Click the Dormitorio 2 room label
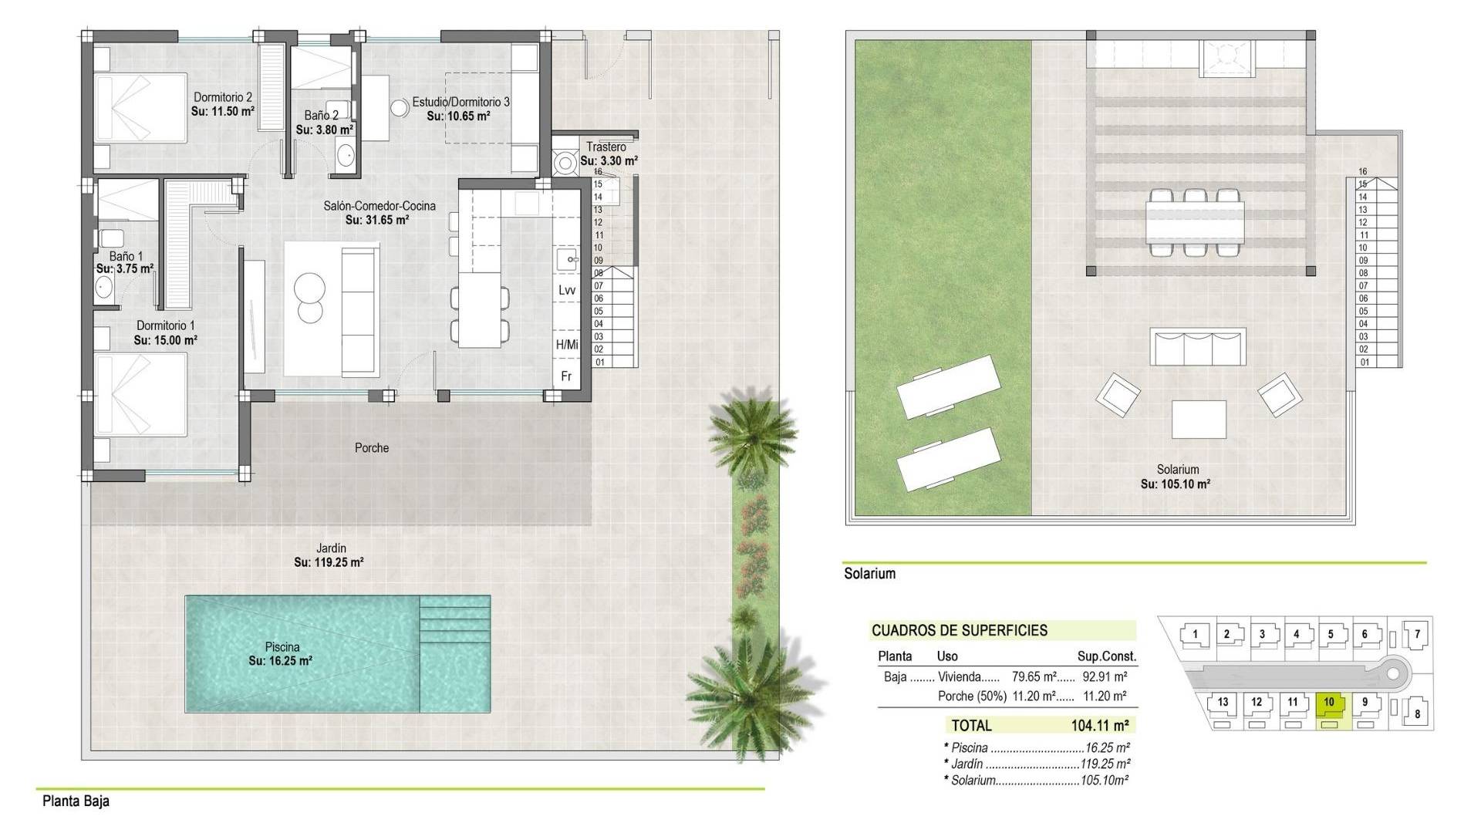point(223,98)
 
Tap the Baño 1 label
point(126,256)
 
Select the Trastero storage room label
point(606,147)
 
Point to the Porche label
point(372,448)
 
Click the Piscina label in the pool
point(282,647)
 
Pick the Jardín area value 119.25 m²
point(329,562)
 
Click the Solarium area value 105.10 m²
point(1176,484)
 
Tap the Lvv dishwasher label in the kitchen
point(567,290)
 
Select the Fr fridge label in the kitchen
point(566,376)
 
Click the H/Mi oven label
point(567,345)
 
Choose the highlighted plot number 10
point(1329,702)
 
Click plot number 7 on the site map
point(1417,635)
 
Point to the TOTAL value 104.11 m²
point(1100,726)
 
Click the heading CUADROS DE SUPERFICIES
point(960,630)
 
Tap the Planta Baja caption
point(76,801)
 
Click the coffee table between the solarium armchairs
point(1199,420)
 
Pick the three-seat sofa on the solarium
point(1198,347)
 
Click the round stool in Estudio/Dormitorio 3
point(400,108)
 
